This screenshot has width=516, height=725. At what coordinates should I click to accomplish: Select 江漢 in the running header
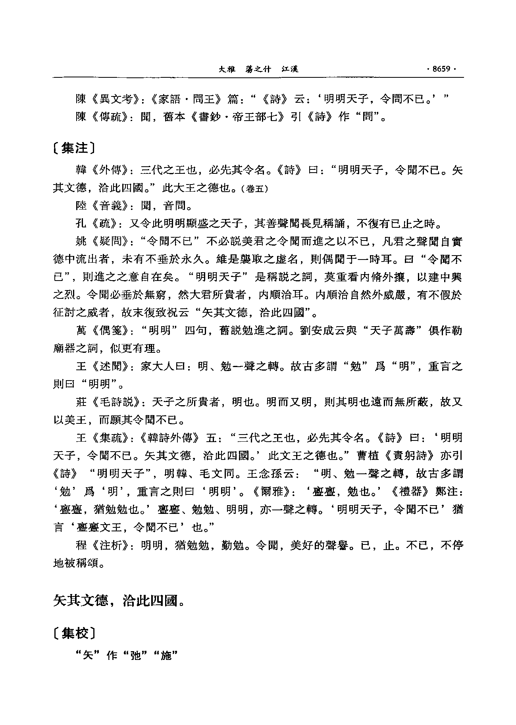pos(289,69)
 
